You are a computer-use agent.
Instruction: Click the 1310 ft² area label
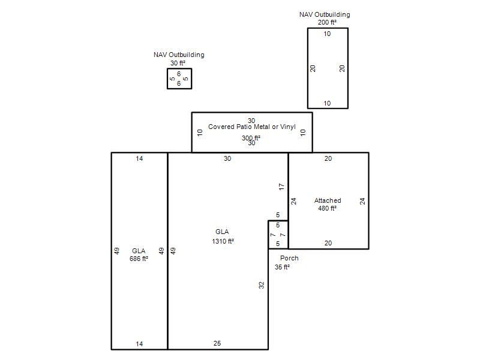(x=223, y=241)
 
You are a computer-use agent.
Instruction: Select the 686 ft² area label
(x=139, y=259)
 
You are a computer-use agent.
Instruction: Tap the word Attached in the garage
(x=328, y=200)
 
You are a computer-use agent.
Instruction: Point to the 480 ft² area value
(x=327, y=208)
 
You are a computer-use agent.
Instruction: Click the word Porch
(x=289, y=258)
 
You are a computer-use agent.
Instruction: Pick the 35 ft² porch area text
(x=282, y=267)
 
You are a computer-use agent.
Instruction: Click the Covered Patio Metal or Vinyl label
(x=252, y=127)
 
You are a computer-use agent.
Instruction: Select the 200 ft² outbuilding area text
(x=327, y=22)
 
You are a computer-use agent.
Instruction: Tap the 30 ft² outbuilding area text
(x=178, y=63)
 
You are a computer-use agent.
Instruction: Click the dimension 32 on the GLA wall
(x=261, y=286)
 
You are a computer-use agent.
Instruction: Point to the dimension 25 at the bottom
(x=217, y=343)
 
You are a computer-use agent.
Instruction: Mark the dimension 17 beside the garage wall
(x=281, y=187)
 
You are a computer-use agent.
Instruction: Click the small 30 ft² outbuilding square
(x=179, y=79)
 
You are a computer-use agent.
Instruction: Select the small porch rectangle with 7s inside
(x=278, y=235)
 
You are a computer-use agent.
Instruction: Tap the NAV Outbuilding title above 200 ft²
(x=325, y=14)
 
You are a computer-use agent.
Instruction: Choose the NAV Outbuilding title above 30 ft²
(x=179, y=55)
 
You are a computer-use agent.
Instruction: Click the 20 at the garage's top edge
(x=328, y=158)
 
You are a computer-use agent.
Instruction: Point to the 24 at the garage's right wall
(x=362, y=201)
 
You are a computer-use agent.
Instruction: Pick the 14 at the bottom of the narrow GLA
(x=139, y=344)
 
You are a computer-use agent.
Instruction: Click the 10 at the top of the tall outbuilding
(x=327, y=34)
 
